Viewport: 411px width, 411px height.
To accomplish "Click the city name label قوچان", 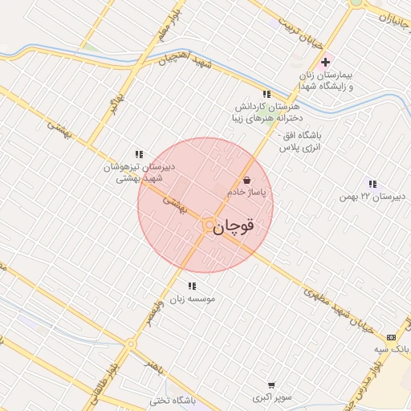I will [x=235, y=226].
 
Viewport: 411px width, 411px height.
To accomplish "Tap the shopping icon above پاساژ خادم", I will [x=246, y=180].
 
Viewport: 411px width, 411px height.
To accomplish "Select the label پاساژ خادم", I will [x=246, y=193].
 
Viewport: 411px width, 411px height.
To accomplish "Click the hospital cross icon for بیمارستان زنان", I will [x=325, y=62].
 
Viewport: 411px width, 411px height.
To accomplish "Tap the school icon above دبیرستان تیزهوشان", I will [x=139, y=154].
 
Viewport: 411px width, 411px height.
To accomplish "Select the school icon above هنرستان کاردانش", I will [x=267, y=94].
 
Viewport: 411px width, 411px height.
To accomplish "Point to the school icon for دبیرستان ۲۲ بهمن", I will [x=371, y=184].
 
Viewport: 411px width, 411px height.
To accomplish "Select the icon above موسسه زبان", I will [x=192, y=286].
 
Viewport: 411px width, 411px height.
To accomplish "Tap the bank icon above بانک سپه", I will [x=391, y=337].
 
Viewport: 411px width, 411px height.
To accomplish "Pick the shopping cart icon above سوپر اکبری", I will [x=271, y=385].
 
